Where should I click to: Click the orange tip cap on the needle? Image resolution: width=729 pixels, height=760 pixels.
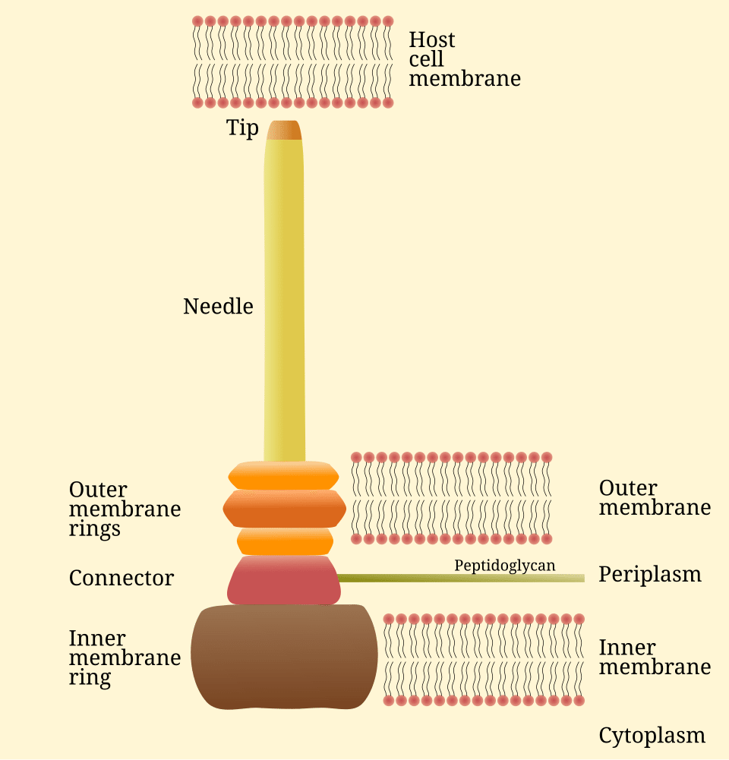pos(284,131)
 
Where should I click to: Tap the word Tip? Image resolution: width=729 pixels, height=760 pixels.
pos(242,128)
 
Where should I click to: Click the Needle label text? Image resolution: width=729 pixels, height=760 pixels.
pos(218,307)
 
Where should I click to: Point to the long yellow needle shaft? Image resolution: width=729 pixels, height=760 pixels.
pos(284,304)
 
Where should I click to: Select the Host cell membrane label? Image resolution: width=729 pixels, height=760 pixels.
pos(464,59)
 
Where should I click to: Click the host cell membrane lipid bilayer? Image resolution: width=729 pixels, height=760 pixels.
pos(292,61)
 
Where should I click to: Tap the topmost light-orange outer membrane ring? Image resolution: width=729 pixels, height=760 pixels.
pos(283,475)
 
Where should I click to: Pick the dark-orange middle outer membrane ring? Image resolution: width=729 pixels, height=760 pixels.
pos(284,508)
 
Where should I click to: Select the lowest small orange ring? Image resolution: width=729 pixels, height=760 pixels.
pos(285,541)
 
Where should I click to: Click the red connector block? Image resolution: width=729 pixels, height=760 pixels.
pos(283,581)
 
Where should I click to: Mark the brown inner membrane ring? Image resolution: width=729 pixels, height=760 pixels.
pos(283,657)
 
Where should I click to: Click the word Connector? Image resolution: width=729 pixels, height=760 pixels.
pos(121,579)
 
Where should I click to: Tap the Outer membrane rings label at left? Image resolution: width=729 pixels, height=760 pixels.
pos(125,509)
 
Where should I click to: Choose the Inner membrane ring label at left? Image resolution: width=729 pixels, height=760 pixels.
pos(125,658)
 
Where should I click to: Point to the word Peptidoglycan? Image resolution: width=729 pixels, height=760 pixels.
pos(504,566)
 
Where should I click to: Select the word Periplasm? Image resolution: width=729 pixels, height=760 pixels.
pos(649,575)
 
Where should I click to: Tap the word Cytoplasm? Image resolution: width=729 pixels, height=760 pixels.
pos(652,736)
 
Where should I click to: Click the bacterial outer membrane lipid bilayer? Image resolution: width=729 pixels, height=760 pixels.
pos(451,498)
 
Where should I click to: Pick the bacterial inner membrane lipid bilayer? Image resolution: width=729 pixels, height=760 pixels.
pos(483,659)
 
